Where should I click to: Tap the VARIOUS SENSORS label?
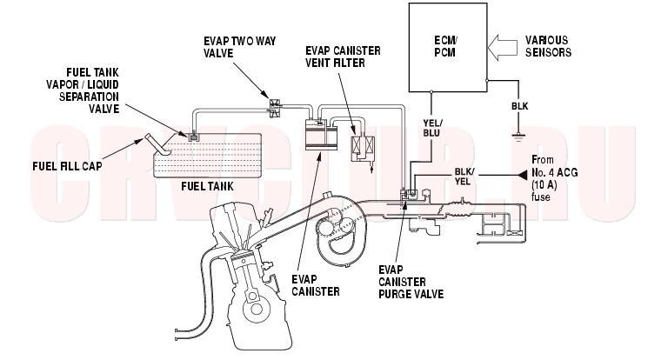point(548,46)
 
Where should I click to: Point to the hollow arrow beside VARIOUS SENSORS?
point(503,47)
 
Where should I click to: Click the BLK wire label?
point(520,106)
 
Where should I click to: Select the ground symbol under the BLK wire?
point(518,137)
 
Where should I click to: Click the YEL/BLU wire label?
point(432,128)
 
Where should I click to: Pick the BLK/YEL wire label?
point(464,177)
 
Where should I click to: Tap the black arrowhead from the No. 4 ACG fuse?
point(522,175)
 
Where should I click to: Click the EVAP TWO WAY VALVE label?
point(239,47)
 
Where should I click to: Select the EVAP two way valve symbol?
point(275,107)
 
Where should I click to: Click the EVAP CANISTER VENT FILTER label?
point(343,57)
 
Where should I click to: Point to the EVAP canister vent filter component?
point(363,148)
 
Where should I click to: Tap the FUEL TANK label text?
point(207,186)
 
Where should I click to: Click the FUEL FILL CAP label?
point(67,166)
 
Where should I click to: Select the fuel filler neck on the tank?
point(157,145)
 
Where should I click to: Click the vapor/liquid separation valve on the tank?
point(194,137)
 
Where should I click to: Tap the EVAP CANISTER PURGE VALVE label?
point(411,282)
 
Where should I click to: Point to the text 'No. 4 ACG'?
point(554,173)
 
